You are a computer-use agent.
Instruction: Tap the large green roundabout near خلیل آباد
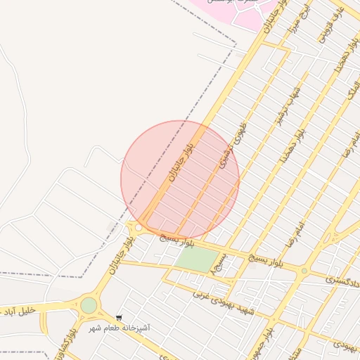tap(89, 305)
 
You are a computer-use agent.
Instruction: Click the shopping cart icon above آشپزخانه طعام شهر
tap(118, 318)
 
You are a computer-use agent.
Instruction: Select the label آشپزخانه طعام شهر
tap(119, 328)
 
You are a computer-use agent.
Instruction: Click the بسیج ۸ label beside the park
tap(221, 268)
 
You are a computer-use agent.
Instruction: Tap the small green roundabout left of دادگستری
tap(304, 271)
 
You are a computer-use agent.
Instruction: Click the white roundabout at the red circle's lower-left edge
tap(139, 227)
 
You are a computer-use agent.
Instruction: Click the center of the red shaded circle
tap(180, 179)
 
